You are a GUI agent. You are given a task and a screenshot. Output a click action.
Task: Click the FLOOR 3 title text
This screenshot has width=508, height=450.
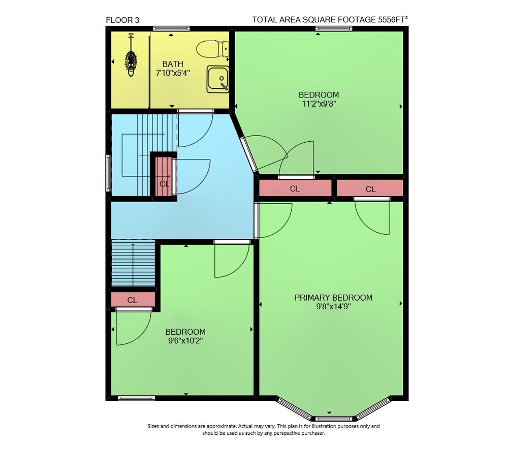pos(122,20)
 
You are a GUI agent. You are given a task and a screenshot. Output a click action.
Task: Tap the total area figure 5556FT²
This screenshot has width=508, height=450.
pos(393,19)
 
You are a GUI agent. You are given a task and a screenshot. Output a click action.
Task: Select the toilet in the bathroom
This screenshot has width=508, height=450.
pos(212,49)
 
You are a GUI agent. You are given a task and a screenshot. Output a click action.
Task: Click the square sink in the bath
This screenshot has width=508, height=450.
pos(218,79)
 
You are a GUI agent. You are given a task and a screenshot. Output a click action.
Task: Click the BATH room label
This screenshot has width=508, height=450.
pos(173,64)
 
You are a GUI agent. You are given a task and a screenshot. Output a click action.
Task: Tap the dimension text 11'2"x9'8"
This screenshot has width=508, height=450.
pos(319,104)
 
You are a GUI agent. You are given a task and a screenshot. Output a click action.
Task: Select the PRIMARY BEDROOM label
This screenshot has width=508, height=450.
pos(333,298)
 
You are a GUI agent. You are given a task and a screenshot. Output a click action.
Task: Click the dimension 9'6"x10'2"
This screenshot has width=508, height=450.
pos(185,340)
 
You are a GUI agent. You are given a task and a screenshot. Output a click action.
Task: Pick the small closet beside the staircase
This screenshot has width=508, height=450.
pos(164,177)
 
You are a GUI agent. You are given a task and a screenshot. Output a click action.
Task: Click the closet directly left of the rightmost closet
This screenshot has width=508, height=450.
pos(295,188)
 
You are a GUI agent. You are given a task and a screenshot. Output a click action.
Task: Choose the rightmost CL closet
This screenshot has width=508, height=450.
pos(370,188)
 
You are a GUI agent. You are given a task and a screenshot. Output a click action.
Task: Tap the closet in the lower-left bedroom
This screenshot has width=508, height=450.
pos(133,299)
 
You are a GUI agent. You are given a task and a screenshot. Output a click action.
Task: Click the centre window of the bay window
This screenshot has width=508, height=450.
pos(334,419)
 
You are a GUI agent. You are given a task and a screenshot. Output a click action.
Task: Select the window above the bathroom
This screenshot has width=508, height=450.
pos(171,28)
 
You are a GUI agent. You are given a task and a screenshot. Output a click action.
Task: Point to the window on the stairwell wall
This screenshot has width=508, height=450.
pos(108,173)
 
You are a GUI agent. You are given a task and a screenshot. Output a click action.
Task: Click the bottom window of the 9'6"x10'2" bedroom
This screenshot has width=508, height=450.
pos(136,398)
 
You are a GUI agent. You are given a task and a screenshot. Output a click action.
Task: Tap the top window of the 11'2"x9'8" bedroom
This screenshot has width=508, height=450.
pos(334,28)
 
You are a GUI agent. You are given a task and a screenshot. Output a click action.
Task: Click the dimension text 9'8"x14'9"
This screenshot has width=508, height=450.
pos(333,306)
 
